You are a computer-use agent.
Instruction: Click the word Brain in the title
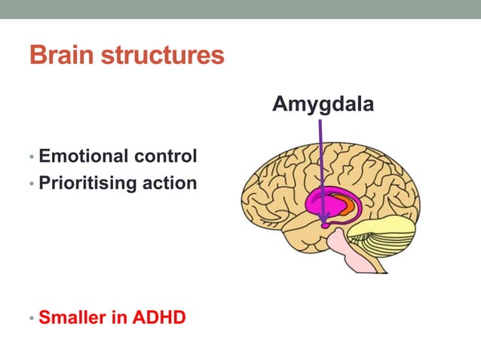(60, 56)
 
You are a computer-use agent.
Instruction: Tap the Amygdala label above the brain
(322, 104)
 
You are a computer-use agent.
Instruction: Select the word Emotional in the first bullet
(84, 157)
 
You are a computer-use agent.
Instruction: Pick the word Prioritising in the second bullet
(87, 182)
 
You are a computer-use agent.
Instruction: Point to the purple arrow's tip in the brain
(325, 223)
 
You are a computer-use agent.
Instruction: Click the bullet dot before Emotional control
(31, 157)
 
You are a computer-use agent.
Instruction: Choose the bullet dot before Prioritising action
(31, 183)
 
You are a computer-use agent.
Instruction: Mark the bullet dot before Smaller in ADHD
(31, 318)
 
